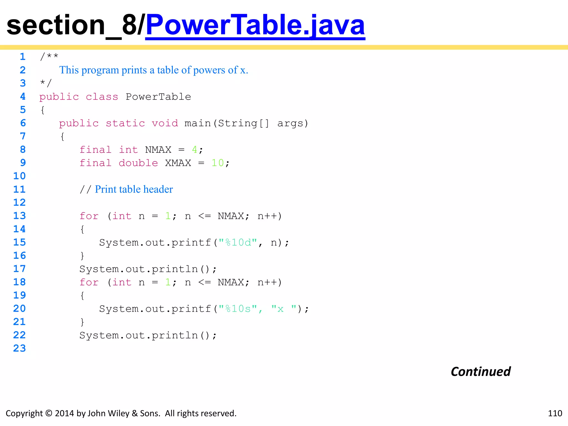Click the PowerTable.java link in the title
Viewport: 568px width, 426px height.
click(255, 26)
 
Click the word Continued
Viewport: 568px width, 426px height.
click(481, 372)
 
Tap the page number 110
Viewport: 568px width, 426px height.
click(555, 413)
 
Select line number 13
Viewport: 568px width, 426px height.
click(19, 216)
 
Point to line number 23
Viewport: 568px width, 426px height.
click(19, 348)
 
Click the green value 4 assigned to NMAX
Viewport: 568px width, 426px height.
click(195, 150)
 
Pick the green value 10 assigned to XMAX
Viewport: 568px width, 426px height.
click(217, 163)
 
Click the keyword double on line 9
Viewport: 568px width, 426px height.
click(138, 163)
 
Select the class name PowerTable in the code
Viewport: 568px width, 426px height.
click(158, 97)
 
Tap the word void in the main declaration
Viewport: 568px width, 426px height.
click(165, 123)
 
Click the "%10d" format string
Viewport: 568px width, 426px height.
click(238, 243)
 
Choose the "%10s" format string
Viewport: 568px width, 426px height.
click(238, 309)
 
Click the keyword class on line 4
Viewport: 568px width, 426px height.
click(102, 97)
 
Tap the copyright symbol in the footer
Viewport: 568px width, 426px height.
click(49, 413)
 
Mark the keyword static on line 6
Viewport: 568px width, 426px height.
click(125, 123)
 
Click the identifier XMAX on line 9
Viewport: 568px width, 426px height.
click(178, 163)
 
